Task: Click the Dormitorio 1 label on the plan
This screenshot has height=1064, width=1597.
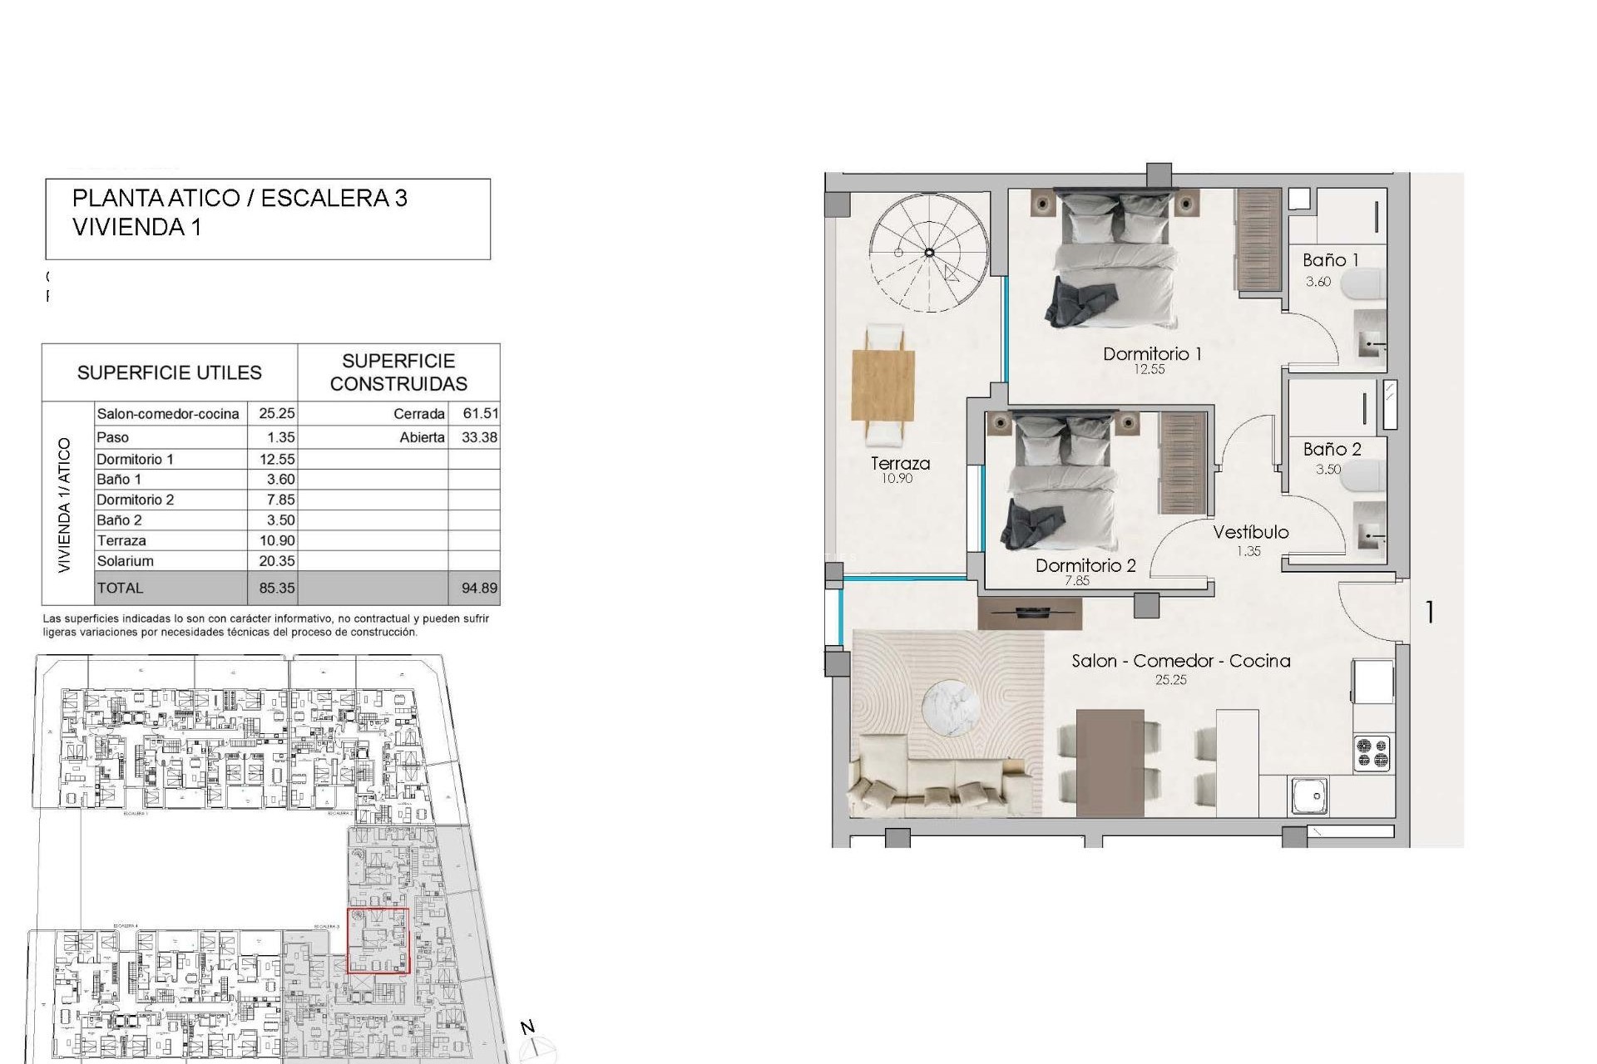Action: click(x=1151, y=354)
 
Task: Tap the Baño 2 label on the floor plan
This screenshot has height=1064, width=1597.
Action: click(x=1332, y=450)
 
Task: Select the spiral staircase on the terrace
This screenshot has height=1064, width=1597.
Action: click(x=928, y=253)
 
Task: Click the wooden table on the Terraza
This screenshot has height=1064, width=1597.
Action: click(x=883, y=386)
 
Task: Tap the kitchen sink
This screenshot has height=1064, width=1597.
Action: click(x=1310, y=796)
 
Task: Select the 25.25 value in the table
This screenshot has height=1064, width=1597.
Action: click(x=276, y=414)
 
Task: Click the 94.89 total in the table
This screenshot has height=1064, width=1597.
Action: click(x=479, y=589)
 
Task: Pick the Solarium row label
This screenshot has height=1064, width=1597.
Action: click(x=125, y=561)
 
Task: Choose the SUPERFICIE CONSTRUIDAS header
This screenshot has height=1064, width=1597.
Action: click(x=398, y=372)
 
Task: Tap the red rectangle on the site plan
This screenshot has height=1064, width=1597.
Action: click(x=378, y=940)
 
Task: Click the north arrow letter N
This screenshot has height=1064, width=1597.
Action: click(x=527, y=1028)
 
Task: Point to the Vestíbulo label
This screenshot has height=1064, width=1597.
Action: click(x=1250, y=533)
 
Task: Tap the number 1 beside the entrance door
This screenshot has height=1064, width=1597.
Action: click(x=1429, y=613)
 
